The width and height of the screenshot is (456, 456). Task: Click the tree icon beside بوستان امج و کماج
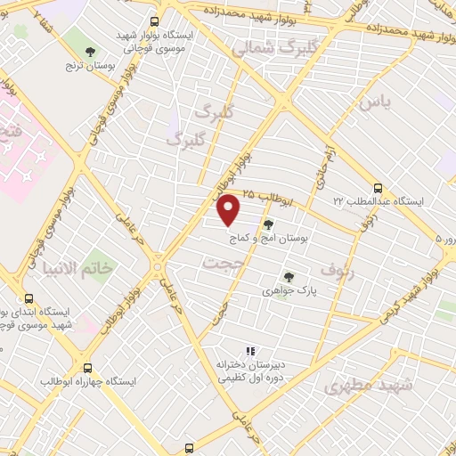tap(269, 226)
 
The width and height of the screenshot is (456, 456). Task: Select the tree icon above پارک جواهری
tap(288, 277)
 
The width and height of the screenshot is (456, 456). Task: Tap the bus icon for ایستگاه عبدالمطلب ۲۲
tap(378, 188)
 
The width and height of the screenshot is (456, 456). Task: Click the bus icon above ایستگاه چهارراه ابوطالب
tap(87, 367)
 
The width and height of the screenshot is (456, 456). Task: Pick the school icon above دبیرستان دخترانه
tap(250, 351)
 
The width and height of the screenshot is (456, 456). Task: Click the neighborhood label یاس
tap(375, 103)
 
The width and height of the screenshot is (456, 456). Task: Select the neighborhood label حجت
tap(222, 265)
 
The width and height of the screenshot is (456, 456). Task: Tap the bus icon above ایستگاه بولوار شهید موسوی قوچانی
tap(154, 21)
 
